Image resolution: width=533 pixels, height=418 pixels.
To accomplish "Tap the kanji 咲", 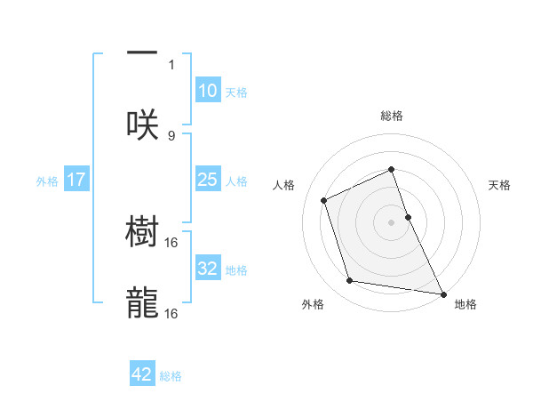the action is point(142,124).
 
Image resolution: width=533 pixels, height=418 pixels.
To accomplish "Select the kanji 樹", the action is point(142,232).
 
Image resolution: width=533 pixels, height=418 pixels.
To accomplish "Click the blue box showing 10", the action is point(207,90).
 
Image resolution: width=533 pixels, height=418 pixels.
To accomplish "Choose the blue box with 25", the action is point(207,180).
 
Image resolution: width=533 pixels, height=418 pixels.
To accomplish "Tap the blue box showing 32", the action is point(207,268).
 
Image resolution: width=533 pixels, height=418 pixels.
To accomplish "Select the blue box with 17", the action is point(76,180).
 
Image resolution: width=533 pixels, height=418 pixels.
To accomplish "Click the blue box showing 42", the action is point(142,374).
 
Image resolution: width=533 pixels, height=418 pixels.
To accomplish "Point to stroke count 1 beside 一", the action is point(171,64).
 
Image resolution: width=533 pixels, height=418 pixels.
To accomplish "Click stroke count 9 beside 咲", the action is point(171,135).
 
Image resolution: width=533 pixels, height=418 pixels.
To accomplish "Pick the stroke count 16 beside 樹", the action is point(171,242).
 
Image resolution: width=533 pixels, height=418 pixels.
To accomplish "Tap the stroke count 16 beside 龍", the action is point(171,314).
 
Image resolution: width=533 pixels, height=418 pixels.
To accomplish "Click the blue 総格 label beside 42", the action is point(171,376).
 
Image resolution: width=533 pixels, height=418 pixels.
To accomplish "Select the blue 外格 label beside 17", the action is point(47,181).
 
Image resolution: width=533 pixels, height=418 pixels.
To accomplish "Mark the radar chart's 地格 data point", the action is point(442,293).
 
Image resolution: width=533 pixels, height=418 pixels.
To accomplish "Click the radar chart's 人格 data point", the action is point(324,200).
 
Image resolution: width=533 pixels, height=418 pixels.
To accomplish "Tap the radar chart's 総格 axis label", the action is point(392,116).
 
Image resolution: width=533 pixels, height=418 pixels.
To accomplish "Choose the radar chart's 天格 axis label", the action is point(500,185).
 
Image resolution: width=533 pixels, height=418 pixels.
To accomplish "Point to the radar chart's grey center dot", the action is point(392,221).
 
